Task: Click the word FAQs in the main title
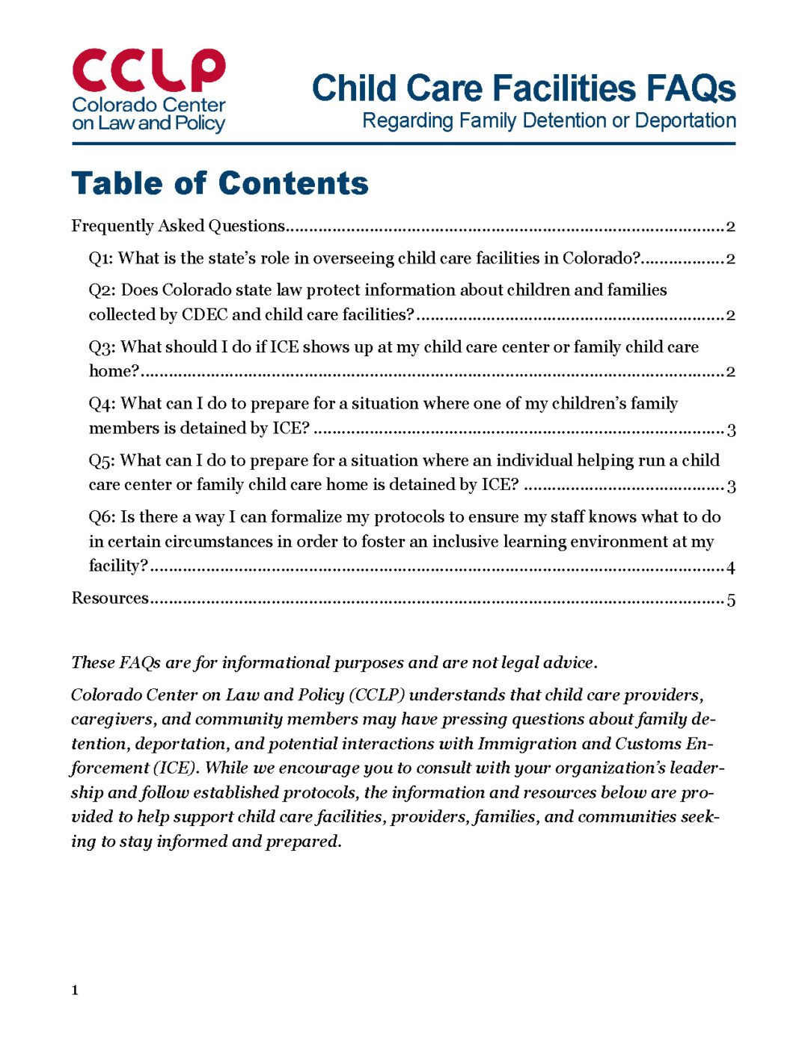(x=691, y=88)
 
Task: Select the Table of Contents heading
(x=220, y=183)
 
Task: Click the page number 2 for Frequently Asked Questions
(x=730, y=227)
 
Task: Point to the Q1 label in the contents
(x=101, y=259)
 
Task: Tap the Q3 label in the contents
(x=101, y=347)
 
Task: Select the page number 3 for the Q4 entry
(x=731, y=429)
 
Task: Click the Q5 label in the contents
(x=101, y=461)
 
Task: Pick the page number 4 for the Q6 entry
(x=730, y=568)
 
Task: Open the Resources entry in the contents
(x=110, y=599)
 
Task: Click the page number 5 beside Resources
(x=731, y=600)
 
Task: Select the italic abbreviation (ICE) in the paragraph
(x=176, y=768)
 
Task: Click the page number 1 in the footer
(x=75, y=991)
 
